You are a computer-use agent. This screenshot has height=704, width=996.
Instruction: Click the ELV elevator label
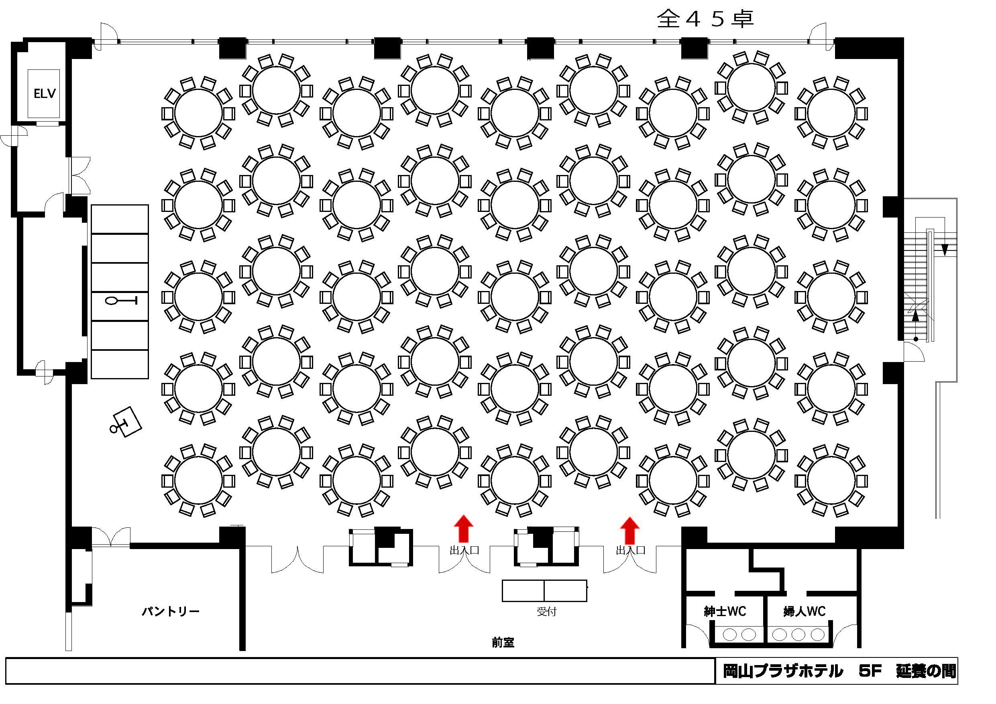point(45,93)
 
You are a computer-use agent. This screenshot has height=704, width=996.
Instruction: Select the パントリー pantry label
point(171,612)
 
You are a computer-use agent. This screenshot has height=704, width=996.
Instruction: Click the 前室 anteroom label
point(503,643)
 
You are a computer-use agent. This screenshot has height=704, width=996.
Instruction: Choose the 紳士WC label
point(725,612)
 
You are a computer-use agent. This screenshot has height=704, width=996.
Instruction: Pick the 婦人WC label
point(804,612)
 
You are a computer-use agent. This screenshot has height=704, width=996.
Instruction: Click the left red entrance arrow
point(463,528)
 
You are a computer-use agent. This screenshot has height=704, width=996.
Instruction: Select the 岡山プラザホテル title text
point(783,671)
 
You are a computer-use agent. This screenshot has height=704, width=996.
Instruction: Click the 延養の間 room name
point(926,671)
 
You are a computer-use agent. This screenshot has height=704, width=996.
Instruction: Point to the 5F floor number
point(870,671)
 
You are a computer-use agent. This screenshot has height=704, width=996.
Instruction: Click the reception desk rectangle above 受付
point(544,590)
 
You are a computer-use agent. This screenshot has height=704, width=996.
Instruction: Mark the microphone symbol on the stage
point(121,301)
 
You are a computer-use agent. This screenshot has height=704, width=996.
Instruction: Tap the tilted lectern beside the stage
point(127,421)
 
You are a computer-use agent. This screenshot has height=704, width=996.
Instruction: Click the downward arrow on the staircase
point(944,249)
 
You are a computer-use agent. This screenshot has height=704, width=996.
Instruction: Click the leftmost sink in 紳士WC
point(730,635)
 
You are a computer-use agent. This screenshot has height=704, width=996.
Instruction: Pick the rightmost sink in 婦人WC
point(818,635)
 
